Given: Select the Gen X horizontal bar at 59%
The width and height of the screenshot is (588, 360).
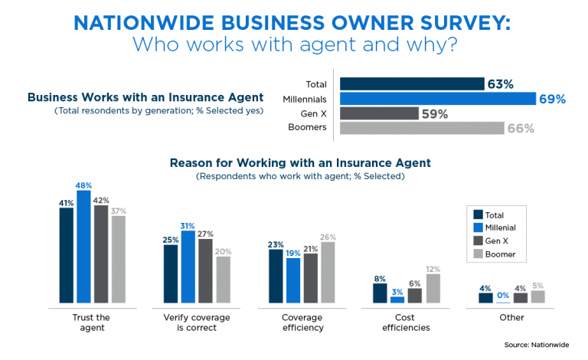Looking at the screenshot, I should tap(379, 113).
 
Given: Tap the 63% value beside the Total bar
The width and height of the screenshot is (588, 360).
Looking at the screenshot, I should tap(500, 84).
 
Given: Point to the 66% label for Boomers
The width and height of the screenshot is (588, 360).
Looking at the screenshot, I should tap(520, 128).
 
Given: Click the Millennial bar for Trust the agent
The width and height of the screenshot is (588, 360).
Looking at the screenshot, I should tap(83, 245).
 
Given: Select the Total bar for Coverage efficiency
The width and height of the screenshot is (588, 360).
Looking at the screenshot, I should tap(275, 276).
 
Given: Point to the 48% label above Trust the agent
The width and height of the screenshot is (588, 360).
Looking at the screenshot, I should tap(83, 185).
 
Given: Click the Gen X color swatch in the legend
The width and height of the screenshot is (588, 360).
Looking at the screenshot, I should tap(479, 241).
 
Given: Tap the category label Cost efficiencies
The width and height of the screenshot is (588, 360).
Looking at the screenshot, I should tap(407, 322).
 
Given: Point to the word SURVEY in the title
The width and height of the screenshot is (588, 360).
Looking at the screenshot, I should tap(441, 21).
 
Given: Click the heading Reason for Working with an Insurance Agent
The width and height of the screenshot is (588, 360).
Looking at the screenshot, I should tap(300, 162).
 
